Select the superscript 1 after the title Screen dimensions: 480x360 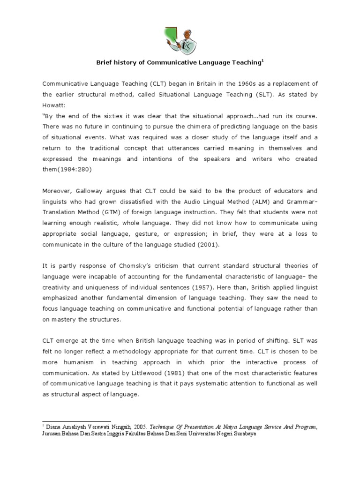(263, 60)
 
